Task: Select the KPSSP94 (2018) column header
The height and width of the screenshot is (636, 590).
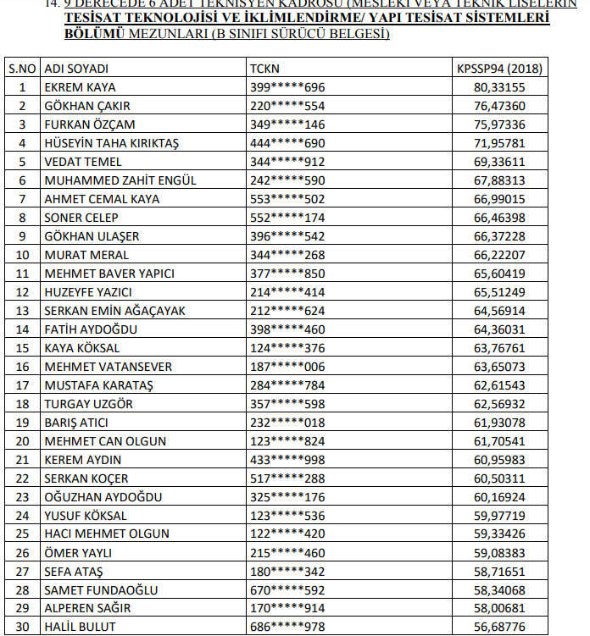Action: click(x=499, y=69)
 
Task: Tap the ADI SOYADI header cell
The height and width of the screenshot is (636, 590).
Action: click(x=76, y=69)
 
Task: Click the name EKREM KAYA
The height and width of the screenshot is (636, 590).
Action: click(x=80, y=87)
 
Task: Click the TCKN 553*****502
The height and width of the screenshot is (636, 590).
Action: click(x=287, y=199)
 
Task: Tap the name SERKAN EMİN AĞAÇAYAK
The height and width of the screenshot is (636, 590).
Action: click(x=114, y=311)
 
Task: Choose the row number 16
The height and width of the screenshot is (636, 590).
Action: click(x=22, y=367)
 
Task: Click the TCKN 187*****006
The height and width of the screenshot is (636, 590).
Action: click(x=287, y=367)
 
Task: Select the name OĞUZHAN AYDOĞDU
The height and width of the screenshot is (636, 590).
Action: click(x=103, y=497)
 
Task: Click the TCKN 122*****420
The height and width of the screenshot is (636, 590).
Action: click(x=287, y=534)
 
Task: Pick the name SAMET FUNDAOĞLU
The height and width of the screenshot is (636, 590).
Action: click(x=101, y=590)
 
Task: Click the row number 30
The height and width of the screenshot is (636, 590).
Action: click(x=22, y=628)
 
